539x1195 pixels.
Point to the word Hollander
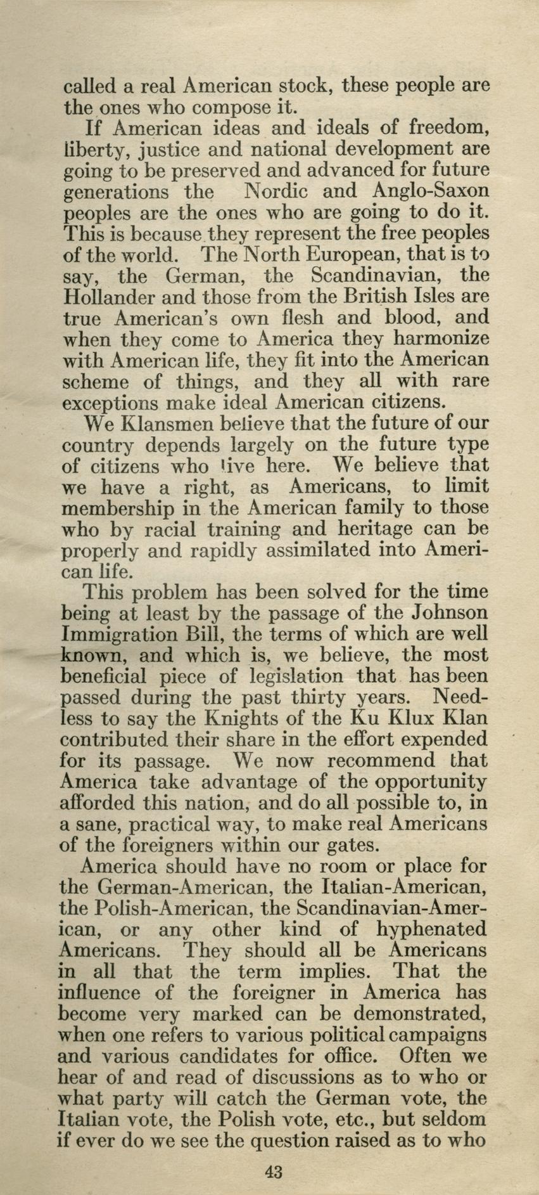coord(108,296)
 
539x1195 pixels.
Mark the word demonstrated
coord(420,1014)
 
